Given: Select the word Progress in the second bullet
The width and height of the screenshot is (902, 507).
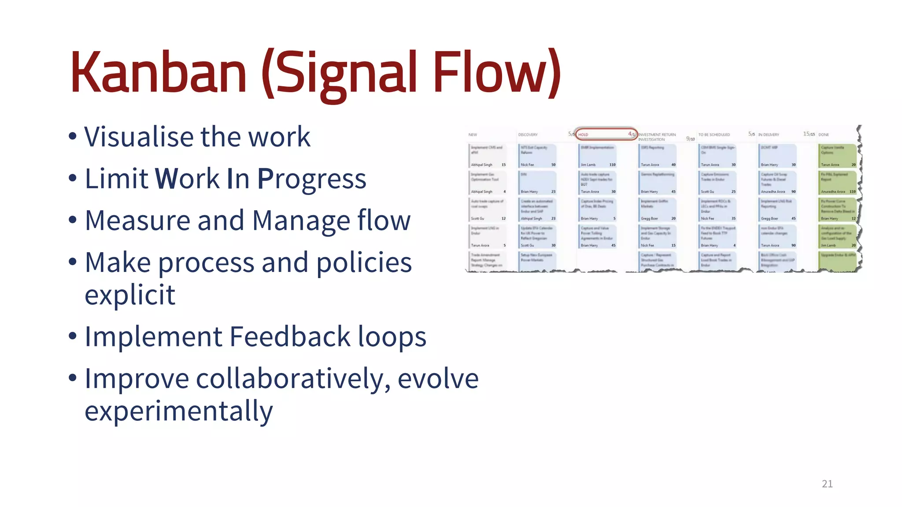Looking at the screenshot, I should pyautogui.click(x=311, y=179).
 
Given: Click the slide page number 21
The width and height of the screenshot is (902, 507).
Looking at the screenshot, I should pyautogui.click(x=827, y=484).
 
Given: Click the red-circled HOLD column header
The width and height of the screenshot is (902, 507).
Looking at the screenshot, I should pyautogui.click(x=606, y=134).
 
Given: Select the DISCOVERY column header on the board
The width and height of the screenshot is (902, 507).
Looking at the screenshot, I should pyautogui.click(x=528, y=135).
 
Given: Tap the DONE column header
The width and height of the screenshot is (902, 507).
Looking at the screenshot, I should pyautogui.click(x=824, y=135).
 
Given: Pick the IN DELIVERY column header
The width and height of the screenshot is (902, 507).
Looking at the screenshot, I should pyautogui.click(x=769, y=135).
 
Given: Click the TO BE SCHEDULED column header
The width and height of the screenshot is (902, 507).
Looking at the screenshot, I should pyautogui.click(x=714, y=135).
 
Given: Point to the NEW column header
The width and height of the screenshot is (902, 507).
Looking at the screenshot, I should pyautogui.click(x=473, y=135).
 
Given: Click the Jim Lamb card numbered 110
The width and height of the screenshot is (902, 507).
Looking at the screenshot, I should pyautogui.click(x=598, y=156).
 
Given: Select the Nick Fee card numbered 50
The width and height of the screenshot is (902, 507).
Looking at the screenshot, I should pyautogui.click(x=538, y=156).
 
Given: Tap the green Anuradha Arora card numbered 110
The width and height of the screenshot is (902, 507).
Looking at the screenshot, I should pyautogui.click(x=838, y=183).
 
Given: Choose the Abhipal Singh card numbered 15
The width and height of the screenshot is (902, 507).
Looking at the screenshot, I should pyautogui.click(x=488, y=156).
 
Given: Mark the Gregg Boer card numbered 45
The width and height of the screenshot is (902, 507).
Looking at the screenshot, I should pyautogui.click(x=778, y=209).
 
